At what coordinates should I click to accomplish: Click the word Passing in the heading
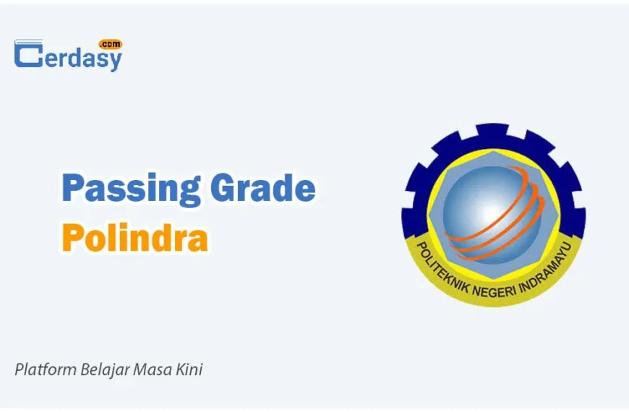point(131,189)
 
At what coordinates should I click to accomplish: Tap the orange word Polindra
point(134,237)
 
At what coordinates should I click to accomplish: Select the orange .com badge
point(111,43)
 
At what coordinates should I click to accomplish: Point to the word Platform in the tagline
point(46,369)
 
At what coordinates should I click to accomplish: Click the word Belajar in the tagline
point(105,370)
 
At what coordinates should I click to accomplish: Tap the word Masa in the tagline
point(153,369)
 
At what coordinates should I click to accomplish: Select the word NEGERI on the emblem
point(493,292)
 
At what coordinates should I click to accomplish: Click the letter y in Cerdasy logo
point(114,61)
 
